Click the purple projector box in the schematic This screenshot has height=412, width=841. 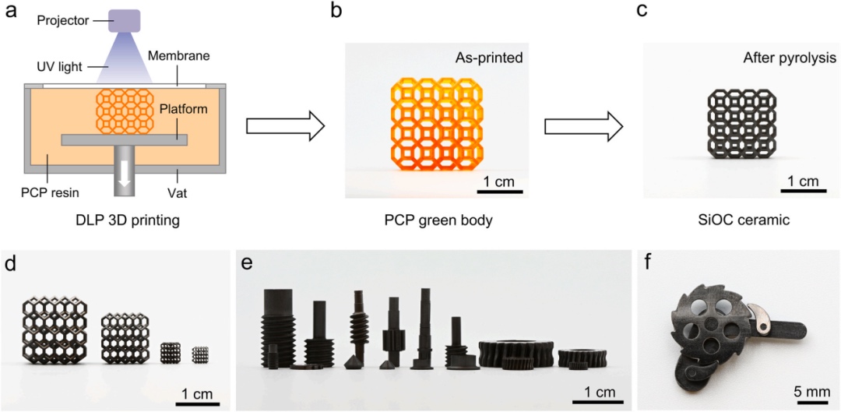coord(124,21)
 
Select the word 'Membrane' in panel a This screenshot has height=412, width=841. coord(184,56)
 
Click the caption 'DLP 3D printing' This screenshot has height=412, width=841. coord(123,220)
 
